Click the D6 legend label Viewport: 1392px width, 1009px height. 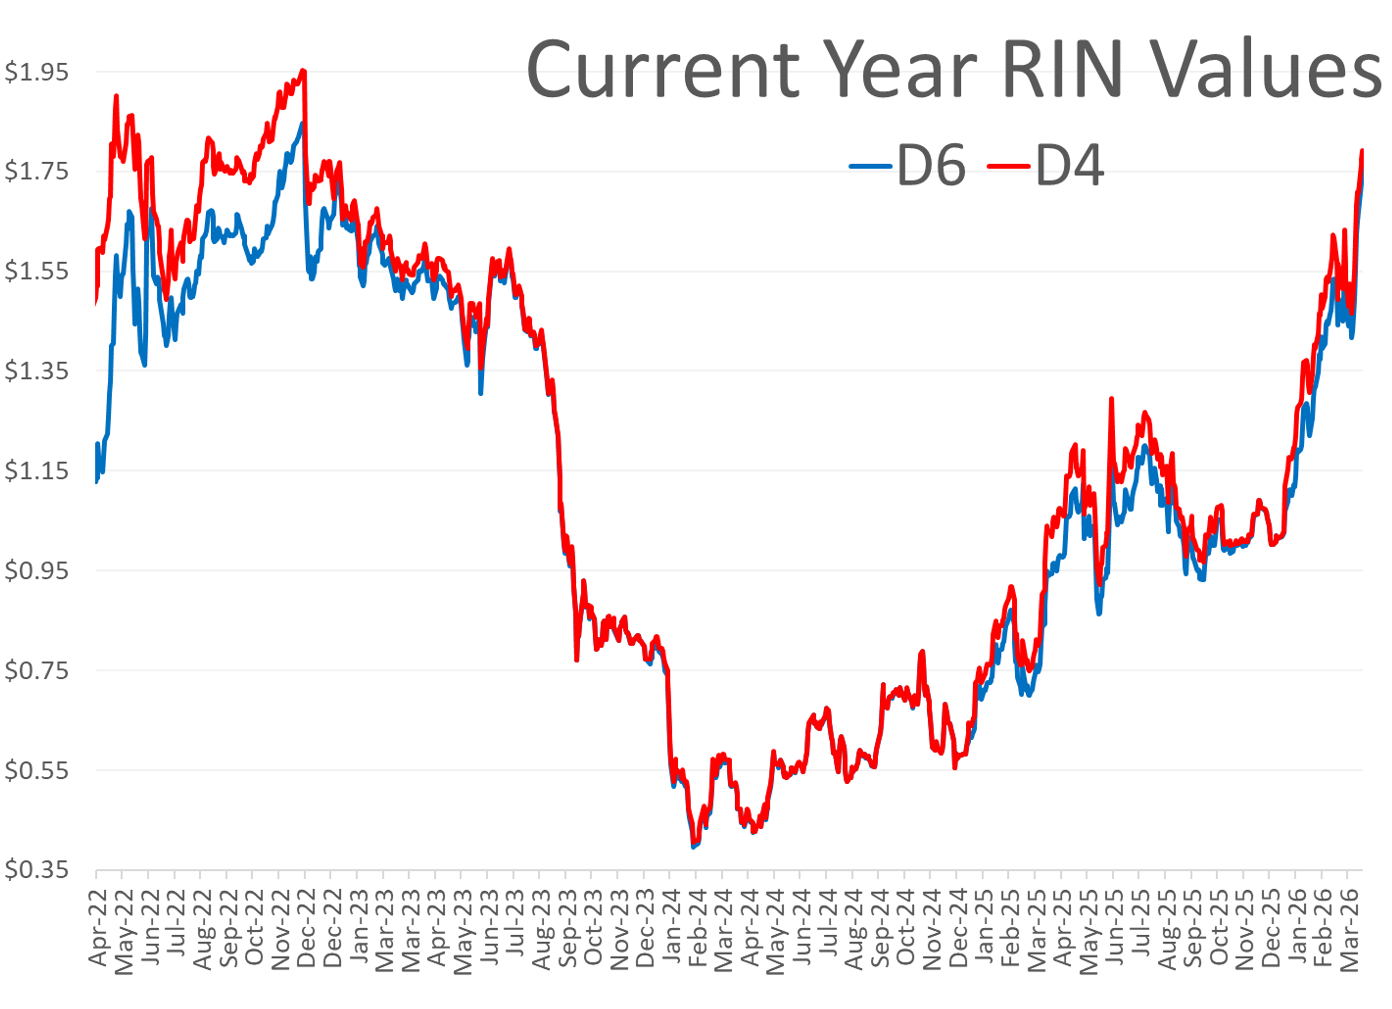pyautogui.click(x=931, y=166)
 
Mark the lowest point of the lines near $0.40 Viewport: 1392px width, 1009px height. pyautogui.click(x=693, y=846)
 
